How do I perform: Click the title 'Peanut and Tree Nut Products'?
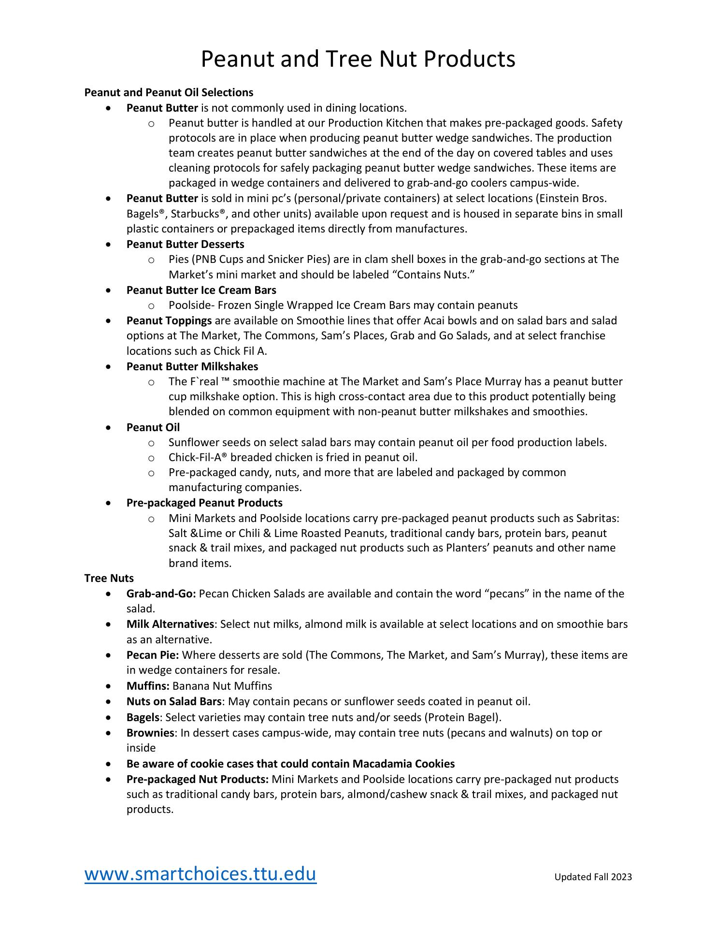[x=358, y=59]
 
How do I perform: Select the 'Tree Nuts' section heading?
[x=109, y=578]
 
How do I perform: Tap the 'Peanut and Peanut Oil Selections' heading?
[x=169, y=92]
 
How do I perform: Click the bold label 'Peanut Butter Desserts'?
[x=185, y=244]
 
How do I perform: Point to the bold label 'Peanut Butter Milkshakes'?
[x=192, y=366]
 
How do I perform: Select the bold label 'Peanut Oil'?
[x=153, y=427]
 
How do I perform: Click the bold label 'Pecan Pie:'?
[x=153, y=655]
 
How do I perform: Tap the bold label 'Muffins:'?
[x=148, y=686]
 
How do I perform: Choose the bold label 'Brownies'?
[x=150, y=733]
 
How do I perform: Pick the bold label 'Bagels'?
[x=143, y=717]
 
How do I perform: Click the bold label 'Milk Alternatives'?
[x=170, y=624]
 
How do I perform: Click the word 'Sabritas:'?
[x=598, y=518]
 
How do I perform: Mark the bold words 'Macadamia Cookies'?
[x=403, y=764]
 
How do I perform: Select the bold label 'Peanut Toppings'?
[x=169, y=320]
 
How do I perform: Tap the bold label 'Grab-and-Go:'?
[x=161, y=594]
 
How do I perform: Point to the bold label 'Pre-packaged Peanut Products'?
[x=204, y=503]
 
